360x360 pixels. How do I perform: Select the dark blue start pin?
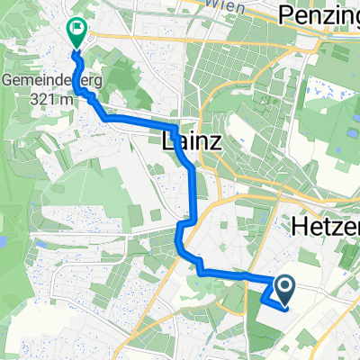(x=284, y=288)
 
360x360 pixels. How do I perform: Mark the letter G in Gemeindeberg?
(x=7, y=80)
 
